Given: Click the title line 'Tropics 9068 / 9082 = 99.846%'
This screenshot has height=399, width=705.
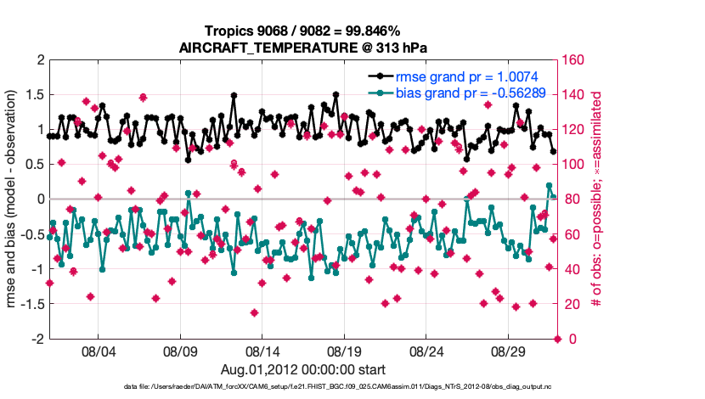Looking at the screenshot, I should [303, 31].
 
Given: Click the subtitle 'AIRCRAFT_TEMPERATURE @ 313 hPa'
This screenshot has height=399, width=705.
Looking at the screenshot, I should [303, 48].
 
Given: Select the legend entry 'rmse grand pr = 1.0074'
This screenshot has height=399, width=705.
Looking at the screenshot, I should [462, 76].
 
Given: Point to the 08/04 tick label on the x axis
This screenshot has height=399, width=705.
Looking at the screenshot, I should [98, 351].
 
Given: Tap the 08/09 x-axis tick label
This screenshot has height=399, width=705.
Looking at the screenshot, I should [180, 351].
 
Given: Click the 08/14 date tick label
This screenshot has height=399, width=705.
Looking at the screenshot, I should [262, 351].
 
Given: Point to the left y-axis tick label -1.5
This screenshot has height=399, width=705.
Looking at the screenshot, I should [32, 304].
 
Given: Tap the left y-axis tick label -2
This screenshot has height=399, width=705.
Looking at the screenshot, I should [37, 339].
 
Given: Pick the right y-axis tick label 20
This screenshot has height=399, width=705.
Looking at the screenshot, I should [572, 304].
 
